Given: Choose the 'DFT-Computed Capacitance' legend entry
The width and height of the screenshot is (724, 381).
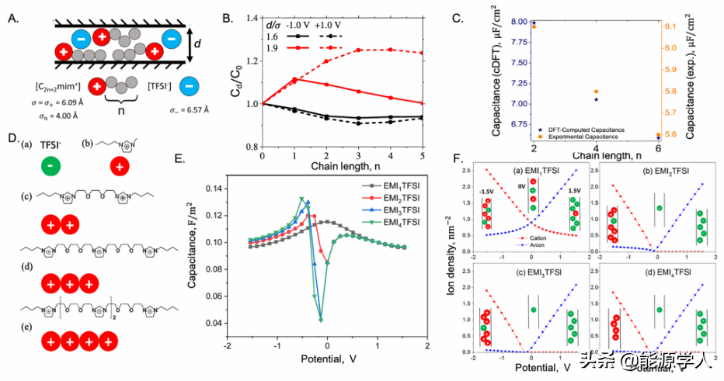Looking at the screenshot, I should click(587, 129).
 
